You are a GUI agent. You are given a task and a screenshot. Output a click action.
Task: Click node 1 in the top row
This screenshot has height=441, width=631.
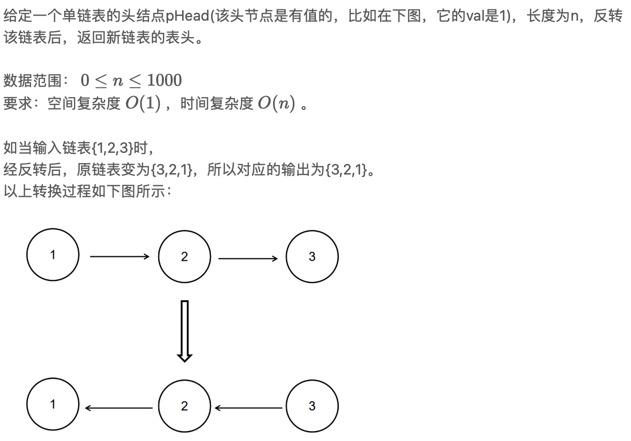click(x=53, y=255)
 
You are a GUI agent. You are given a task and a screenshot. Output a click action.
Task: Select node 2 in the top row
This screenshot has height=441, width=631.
click(x=185, y=256)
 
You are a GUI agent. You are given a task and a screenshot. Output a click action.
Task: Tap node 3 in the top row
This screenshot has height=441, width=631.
click(x=312, y=256)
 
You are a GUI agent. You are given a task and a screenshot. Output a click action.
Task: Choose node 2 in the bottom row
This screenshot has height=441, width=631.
click(x=185, y=406)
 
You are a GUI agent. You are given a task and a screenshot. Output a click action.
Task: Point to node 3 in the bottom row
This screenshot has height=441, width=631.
click(x=312, y=406)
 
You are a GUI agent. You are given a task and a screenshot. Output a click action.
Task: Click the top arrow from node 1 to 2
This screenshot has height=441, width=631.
click(x=119, y=256)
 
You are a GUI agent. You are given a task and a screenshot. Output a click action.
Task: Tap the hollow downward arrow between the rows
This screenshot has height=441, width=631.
click(x=185, y=330)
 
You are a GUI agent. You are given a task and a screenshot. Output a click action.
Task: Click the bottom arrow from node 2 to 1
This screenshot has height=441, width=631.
click(x=119, y=407)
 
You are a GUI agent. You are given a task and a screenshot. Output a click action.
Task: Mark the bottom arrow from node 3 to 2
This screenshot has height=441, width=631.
click(x=248, y=407)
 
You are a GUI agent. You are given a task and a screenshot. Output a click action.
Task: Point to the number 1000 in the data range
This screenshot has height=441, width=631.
click(x=164, y=81)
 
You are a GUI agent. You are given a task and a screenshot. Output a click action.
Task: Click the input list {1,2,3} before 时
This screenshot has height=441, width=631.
click(x=112, y=149)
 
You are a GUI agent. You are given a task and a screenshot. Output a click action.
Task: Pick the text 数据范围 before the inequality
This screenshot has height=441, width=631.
click(x=32, y=81)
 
